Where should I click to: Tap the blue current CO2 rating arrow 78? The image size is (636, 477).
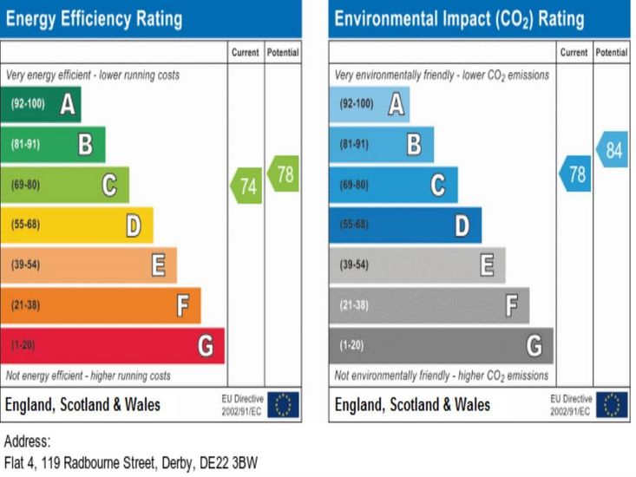point(575,173)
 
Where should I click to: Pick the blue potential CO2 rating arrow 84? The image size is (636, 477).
point(612,149)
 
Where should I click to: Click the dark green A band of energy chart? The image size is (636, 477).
point(41,104)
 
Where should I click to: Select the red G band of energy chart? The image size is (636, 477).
point(112,346)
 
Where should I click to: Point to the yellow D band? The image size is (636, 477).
point(76,225)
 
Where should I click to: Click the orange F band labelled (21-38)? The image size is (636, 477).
point(100,305)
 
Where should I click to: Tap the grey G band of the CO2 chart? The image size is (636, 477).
point(441,346)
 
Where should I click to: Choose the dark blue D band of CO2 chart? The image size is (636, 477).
point(405,225)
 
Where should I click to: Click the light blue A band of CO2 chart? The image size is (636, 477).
point(370,104)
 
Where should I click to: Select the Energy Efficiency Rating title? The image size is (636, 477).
point(94,18)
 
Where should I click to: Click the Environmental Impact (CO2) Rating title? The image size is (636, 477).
point(459,18)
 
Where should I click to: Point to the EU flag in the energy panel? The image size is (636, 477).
point(283,404)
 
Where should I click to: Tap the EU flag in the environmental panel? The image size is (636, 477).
point(612,404)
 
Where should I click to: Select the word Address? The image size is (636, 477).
point(27,441)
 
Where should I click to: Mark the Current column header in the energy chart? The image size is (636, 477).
point(246,53)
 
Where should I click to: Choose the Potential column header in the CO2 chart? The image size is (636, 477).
point(612,53)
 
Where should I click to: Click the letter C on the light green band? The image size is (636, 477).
point(109,185)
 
